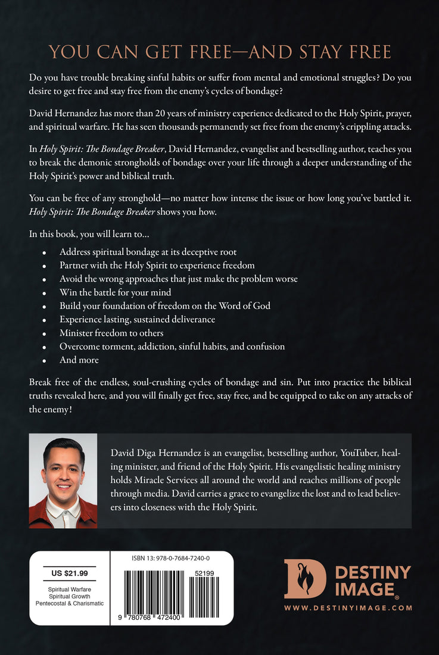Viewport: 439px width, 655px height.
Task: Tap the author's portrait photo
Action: (63, 481)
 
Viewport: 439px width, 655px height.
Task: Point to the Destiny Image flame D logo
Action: (304, 579)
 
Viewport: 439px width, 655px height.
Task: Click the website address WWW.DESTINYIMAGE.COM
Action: (348, 607)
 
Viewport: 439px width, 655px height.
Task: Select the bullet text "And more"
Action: (79, 360)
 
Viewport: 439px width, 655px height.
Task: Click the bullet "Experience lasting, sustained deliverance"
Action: (137, 319)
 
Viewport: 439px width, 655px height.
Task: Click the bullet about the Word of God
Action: (165, 306)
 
